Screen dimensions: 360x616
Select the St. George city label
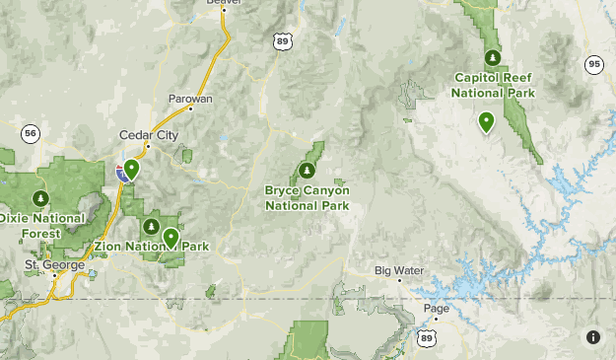coord(49,264)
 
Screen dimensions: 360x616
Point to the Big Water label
coord(398,269)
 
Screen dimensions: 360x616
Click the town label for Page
coord(435,307)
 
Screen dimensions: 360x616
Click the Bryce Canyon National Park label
coord(307,197)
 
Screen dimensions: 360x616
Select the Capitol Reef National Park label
coord(493,85)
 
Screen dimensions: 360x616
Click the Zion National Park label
coord(152,246)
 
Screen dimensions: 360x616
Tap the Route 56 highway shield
coord(31,132)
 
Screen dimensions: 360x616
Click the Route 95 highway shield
coord(592,64)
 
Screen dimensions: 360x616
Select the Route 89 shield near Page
coord(426,337)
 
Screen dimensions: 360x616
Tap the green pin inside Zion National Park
coord(171,237)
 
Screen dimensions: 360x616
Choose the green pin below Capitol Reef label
coord(486,121)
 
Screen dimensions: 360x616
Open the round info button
coord(593,337)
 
